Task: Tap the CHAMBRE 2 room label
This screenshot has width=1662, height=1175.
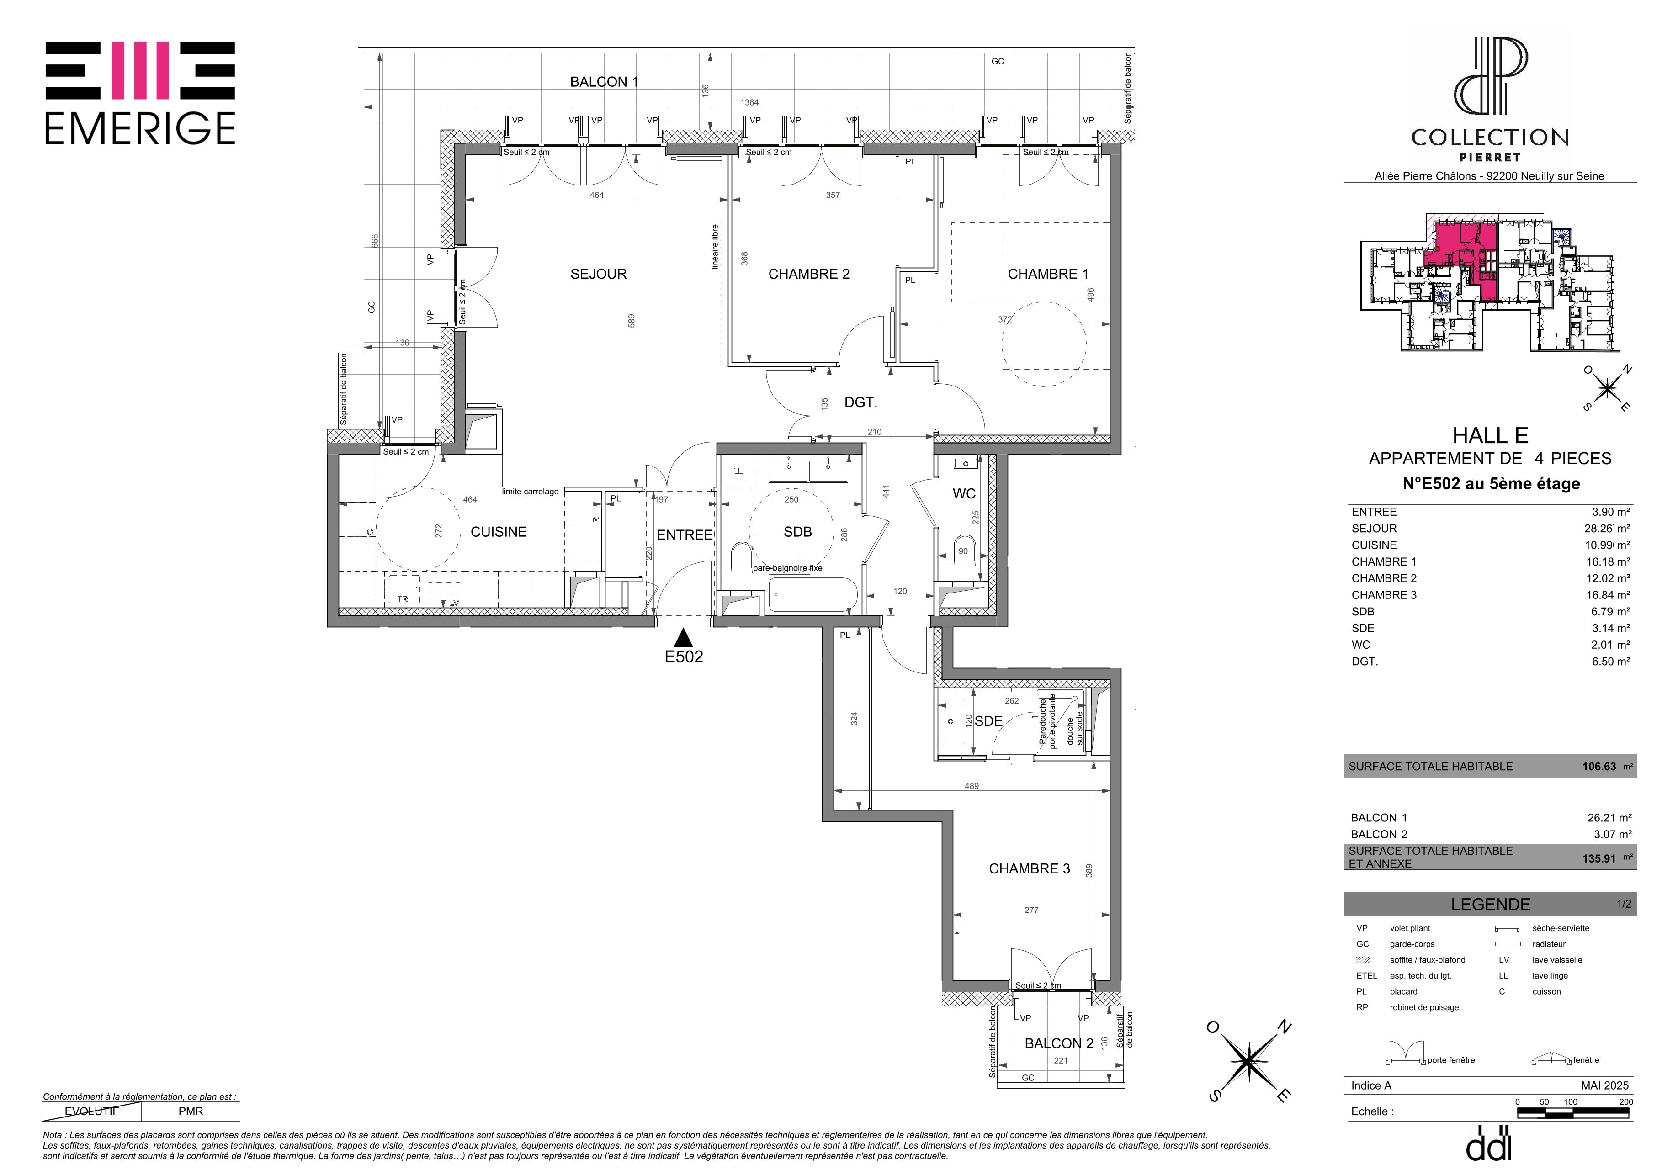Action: pos(808,274)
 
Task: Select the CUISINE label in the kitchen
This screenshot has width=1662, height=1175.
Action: pos(499,532)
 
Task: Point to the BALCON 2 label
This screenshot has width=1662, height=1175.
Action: pos(1058,1043)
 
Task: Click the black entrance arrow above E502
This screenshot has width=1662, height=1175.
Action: pos(683,638)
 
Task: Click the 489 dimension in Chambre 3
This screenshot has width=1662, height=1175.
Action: pos(972,786)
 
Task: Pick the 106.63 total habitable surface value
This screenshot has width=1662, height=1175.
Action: pos(1599,766)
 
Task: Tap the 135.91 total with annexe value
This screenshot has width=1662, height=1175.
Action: pos(1599,859)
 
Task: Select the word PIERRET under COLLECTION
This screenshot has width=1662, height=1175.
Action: pos(1490,157)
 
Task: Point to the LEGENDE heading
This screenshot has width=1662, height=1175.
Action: pos(1491,905)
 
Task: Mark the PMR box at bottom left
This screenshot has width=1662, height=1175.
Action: pos(191,1111)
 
